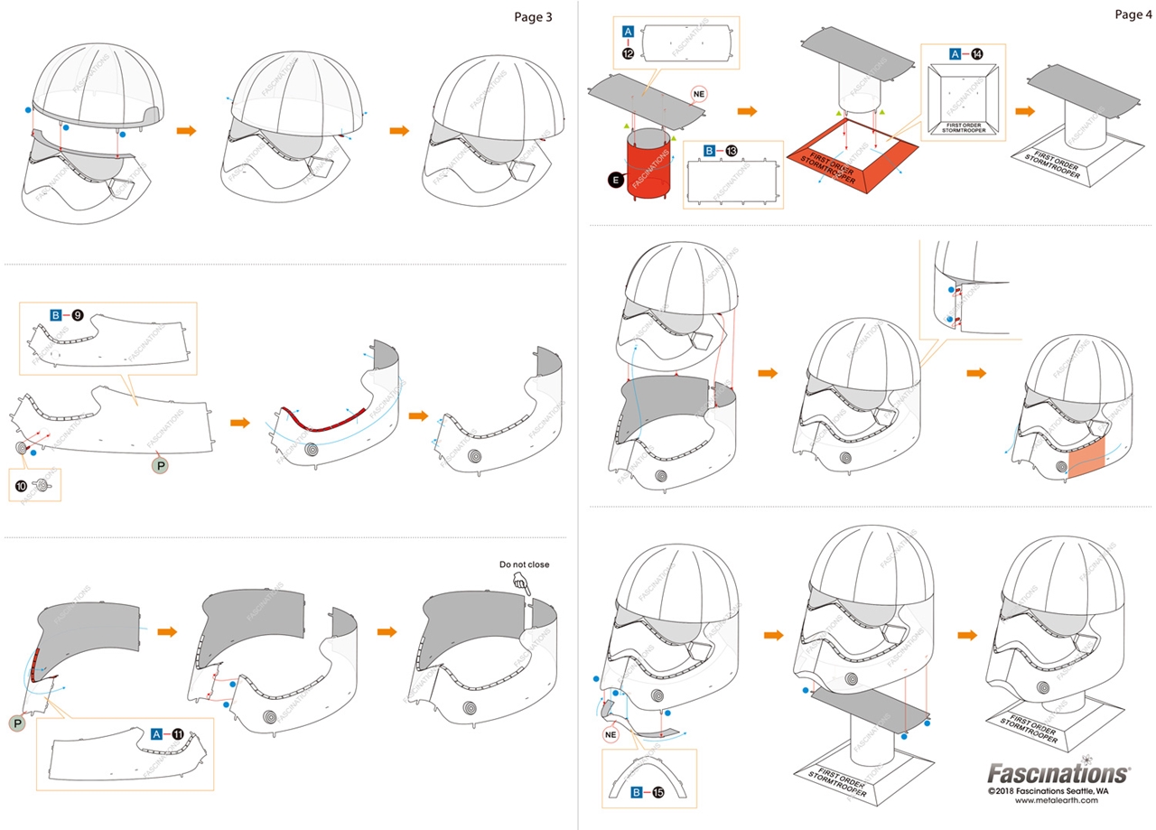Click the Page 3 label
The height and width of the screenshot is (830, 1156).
[x=532, y=16]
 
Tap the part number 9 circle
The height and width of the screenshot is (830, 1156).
[x=78, y=315]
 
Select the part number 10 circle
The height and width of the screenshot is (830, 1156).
[x=20, y=486]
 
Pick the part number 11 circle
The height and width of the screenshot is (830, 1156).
[x=178, y=733]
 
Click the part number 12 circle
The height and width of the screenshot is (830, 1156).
[x=628, y=53]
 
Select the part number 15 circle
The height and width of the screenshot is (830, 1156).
[x=657, y=793]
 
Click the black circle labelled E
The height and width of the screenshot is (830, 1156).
[x=616, y=181]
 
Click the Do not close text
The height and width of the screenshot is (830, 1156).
[x=524, y=564]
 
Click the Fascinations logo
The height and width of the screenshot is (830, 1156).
[x=1057, y=774]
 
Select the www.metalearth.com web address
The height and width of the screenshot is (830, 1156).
[x=1049, y=800]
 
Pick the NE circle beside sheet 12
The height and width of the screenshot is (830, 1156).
[x=698, y=93]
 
